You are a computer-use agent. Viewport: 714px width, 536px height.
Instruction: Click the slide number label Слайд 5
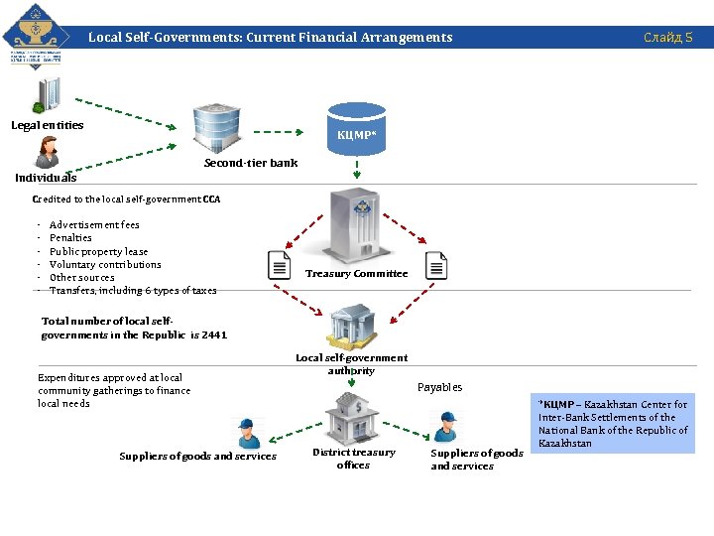pos(667,38)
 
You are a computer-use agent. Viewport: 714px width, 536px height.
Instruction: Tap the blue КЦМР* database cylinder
pos(356,126)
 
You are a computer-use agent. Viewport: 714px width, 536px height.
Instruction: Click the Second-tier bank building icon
pos(216,128)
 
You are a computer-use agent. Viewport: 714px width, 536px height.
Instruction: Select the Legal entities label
pos(48,125)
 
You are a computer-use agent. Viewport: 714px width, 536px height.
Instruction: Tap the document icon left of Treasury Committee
pos(280,265)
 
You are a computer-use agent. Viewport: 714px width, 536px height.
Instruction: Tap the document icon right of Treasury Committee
pos(436,265)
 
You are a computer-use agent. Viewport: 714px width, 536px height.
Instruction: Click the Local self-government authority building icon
pos(352,326)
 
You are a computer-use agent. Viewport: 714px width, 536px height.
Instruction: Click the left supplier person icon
pos(246,433)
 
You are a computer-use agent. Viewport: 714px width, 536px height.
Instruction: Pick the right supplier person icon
pos(447,426)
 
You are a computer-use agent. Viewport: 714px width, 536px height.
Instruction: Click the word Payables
pos(439,387)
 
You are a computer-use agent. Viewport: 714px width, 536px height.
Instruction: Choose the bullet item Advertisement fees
pos(94,225)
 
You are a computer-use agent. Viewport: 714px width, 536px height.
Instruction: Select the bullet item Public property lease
pos(98,252)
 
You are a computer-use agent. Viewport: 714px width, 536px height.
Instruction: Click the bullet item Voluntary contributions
pos(105,265)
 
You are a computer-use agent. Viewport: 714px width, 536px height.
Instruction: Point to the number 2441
pos(214,335)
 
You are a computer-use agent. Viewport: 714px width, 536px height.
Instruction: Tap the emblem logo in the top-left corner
pos(37,39)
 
